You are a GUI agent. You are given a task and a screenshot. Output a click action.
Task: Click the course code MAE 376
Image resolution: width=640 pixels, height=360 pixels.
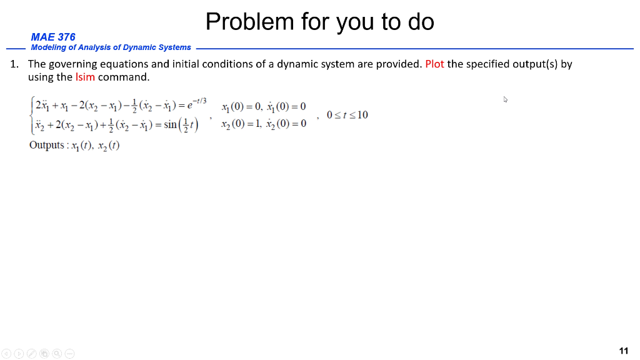(x=53, y=37)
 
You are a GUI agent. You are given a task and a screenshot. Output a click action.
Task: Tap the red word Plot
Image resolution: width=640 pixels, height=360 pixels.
(x=434, y=64)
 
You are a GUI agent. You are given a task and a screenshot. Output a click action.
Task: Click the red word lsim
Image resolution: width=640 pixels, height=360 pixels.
(x=85, y=77)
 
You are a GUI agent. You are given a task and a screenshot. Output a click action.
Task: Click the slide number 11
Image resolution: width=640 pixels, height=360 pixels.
(x=623, y=351)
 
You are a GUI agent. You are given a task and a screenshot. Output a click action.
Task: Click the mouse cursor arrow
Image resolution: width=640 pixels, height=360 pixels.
(x=505, y=99)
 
